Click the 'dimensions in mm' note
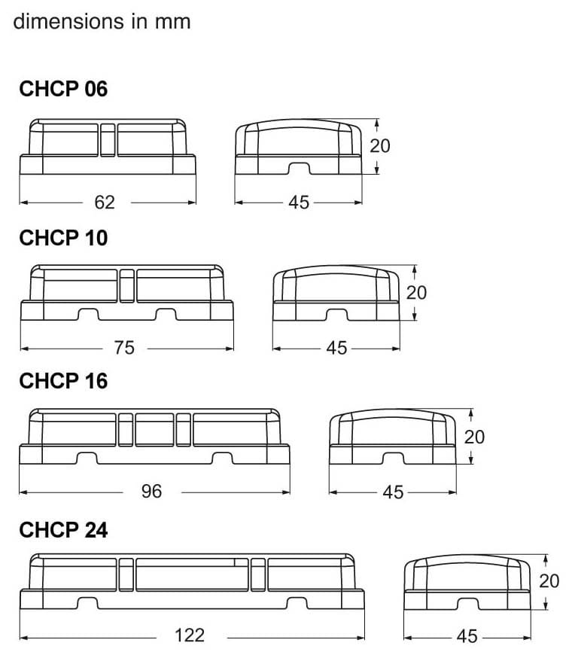[102, 21]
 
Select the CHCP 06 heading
[63, 89]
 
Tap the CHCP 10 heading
[63, 238]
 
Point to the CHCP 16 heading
[63, 381]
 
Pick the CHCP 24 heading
[63, 530]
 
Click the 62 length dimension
[105, 202]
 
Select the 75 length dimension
[124, 348]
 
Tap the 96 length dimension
[151, 492]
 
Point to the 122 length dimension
[189, 635]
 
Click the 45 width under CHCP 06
[299, 203]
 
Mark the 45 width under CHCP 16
[393, 492]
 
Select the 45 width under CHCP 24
[467, 636]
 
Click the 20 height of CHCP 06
[380, 145]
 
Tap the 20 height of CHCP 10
[416, 292]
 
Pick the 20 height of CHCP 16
[474, 437]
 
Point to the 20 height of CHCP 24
[549, 580]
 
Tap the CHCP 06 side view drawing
[108, 146]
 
